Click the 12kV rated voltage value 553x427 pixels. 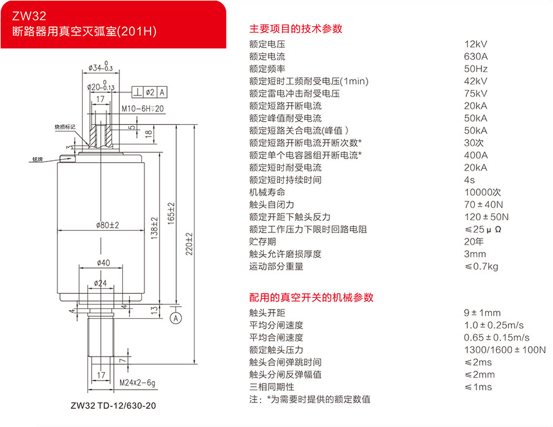click(476, 44)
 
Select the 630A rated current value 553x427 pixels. click(476, 56)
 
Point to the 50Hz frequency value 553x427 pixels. click(476, 69)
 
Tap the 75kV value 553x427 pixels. click(476, 94)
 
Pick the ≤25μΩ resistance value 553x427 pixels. click(483, 229)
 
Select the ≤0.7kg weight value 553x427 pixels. click(481, 266)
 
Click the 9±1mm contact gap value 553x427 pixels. click(482, 313)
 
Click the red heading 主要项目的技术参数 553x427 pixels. click(295, 28)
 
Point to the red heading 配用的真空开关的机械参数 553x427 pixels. click(311, 297)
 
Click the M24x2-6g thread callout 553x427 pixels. click(138, 383)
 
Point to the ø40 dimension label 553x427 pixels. click(103, 263)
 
